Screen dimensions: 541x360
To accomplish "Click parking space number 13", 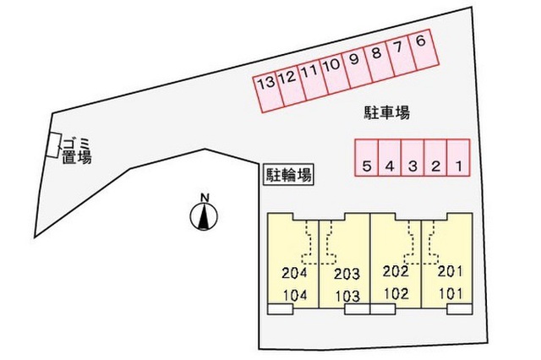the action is pyautogui.click(x=269, y=93).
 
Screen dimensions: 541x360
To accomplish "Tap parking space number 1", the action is pyautogui.click(x=458, y=157).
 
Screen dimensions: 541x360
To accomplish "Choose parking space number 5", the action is pyautogui.click(x=367, y=157).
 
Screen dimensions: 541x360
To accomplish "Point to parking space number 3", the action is pyautogui.click(x=413, y=157).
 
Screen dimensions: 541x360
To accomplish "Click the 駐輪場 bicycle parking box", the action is pyautogui.click(x=288, y=174).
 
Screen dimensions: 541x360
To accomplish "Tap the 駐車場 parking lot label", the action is pyautogui.click(x=387, y=113).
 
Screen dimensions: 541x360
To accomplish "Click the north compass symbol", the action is pyautogui.click(x=204, y=216).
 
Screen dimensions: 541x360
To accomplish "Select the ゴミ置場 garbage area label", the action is pyautogui.click(x=77, y=150).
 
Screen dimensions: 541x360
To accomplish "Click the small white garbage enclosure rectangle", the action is pyautogui.click(x=54, y=145).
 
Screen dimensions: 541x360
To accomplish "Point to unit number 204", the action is pyautogui.click(x=294, y=273).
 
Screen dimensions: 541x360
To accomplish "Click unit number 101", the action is pyautogui.click(x=451, y=294).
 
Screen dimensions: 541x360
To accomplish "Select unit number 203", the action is pyautogui.click(x=347, y=274).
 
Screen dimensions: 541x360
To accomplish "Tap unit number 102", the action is pyautogui.click(x=396, y=294).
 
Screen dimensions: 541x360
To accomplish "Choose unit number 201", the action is pyautogui.click(x=450, y=272).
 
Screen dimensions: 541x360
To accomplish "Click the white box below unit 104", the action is pyautogui.click(x=280, y=309).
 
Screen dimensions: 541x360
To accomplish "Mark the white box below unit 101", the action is pyautogui.click(x=460, y=309).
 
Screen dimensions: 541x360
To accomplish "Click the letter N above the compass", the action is pyautogui.click(x=205, y=198).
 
